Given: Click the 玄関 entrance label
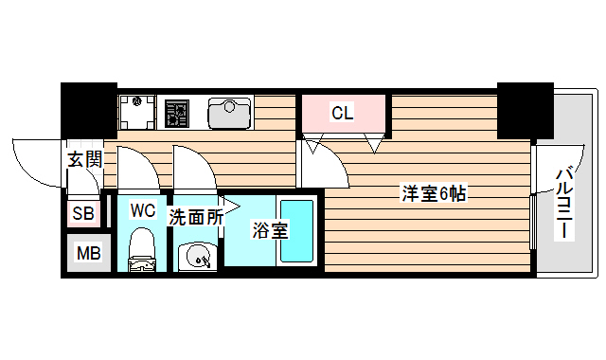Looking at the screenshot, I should (84, 159).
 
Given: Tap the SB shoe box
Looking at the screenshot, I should (83, 214).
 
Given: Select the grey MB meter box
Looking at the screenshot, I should (88, 253).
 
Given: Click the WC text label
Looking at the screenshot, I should (142, 209).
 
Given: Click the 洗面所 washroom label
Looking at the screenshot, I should (196, 216).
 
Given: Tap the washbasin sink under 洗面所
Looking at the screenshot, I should (198, 256).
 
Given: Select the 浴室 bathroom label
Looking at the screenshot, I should (269, 230).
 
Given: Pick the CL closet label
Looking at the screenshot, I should (342, 114).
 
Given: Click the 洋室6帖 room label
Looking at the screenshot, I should (434, 194).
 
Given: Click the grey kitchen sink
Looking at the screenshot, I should (228, 114).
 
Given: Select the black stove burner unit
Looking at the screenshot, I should (176, 114).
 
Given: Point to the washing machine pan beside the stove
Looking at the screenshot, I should (137, 113).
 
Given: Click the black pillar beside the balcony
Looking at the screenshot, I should (526, 111).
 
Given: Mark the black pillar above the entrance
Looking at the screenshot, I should (89, 111).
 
